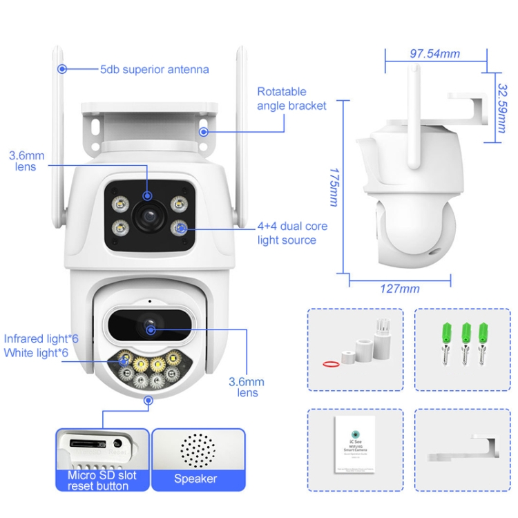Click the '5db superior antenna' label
point(154,69)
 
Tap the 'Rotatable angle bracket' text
point(291,98)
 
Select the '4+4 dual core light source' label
point(292,233)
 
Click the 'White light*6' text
point(36,353)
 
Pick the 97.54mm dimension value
point(434,54)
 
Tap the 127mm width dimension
point(400,288)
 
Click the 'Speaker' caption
point(195,479)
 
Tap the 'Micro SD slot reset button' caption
point(102,481)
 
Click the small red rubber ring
point(332,363)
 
